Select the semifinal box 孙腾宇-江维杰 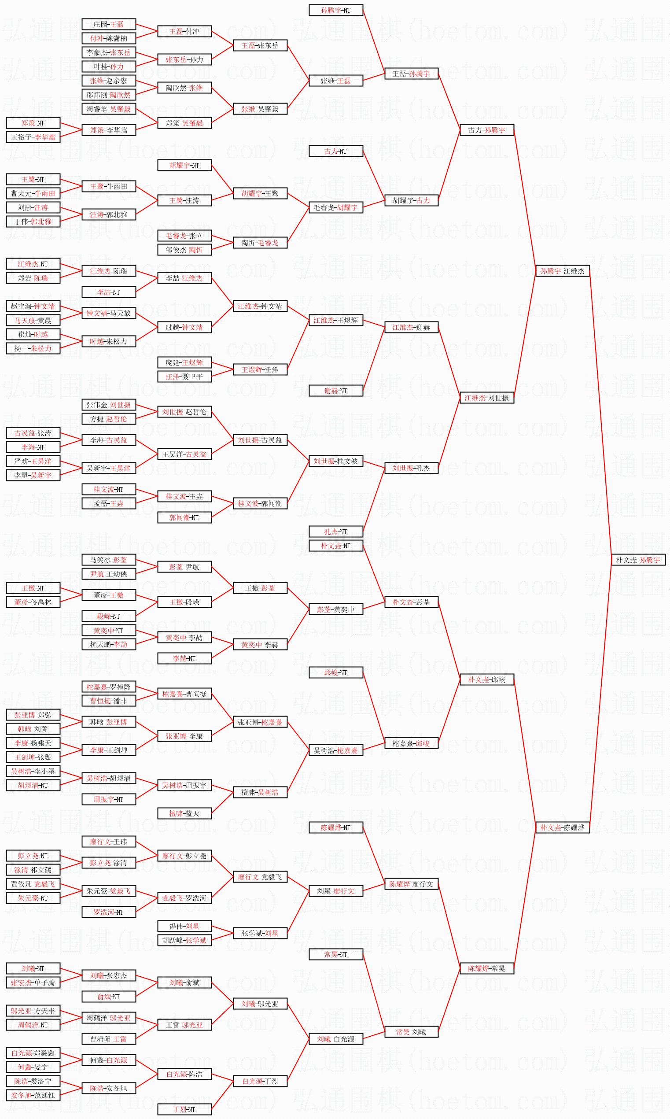562,271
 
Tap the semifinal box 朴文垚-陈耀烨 562,828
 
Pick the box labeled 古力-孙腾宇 486,130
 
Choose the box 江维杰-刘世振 486,398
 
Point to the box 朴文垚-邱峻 486,680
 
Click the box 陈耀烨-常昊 486,969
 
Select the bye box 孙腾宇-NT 335,10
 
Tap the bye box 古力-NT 335,151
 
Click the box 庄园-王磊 108,24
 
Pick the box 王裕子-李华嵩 33,137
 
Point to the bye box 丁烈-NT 184,1109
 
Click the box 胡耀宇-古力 411,200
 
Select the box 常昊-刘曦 411,1032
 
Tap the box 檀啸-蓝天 184,813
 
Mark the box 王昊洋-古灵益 184,454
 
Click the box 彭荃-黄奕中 335,609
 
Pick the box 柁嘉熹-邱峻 411,743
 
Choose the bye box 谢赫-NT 335,391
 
